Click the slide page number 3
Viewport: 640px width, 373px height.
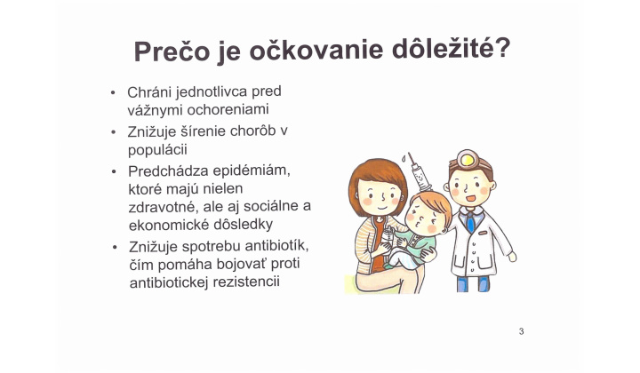click(522, 331)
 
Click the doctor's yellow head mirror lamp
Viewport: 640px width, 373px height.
click(465, 161)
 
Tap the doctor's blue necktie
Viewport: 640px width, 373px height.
click(469, 222)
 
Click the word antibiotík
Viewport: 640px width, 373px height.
click(273, 245)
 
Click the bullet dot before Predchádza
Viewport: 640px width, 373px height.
click(113, 170)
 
